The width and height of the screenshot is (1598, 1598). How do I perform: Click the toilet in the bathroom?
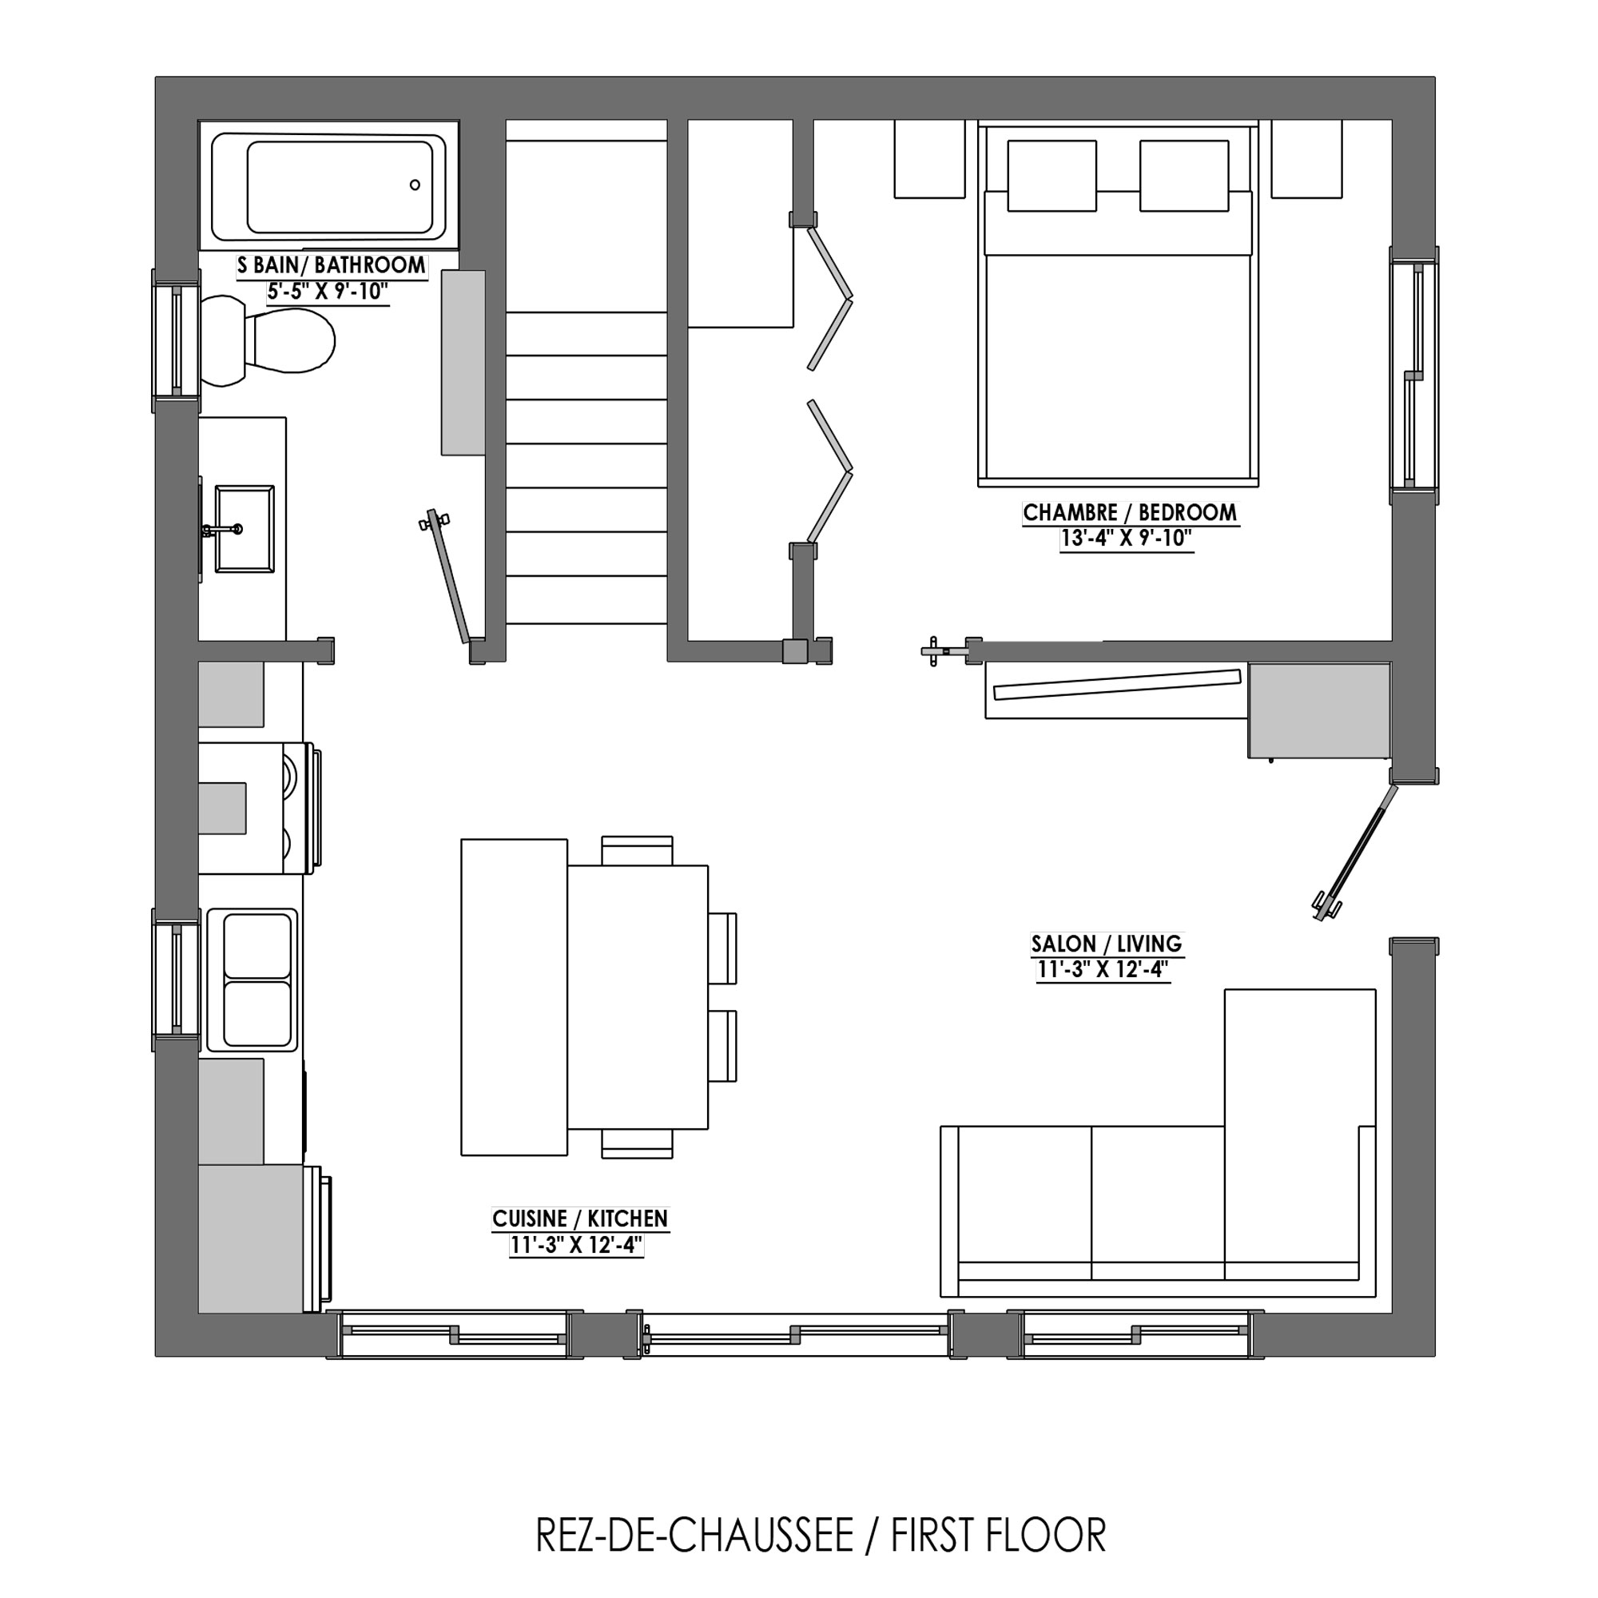tap(267, 341)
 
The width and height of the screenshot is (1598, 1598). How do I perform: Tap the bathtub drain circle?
tap(415, 185)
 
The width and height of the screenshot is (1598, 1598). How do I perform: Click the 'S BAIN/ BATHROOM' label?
tap(332, 265)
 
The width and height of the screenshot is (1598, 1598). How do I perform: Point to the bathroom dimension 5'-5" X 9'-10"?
tap(328, 292)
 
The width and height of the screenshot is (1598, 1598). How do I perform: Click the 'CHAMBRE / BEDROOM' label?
tap(1130, 513)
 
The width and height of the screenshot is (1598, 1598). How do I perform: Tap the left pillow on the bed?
tap(1052, 175)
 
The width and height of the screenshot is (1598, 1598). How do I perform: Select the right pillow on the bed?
tap(1184, 175)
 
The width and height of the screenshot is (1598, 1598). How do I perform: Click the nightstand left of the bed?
tap(930, 159)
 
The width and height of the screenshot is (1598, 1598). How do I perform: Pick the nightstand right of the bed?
tap(1307, 159)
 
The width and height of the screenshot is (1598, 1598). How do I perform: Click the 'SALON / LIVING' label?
tap(1107, 944)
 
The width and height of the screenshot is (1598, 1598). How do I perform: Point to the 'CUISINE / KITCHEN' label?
tap(580, 1218)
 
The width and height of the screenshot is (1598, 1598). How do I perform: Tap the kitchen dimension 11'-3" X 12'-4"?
tap(577, 1245)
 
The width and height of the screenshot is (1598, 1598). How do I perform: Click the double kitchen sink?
tap(252, 980)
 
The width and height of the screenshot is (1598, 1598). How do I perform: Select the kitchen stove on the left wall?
tap(259, 808)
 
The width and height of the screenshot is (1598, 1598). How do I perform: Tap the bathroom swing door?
tap(447, 577)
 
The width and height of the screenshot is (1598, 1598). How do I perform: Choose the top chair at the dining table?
tap(637, 850)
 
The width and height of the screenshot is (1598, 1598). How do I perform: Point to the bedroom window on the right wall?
tap(1414, 376)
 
